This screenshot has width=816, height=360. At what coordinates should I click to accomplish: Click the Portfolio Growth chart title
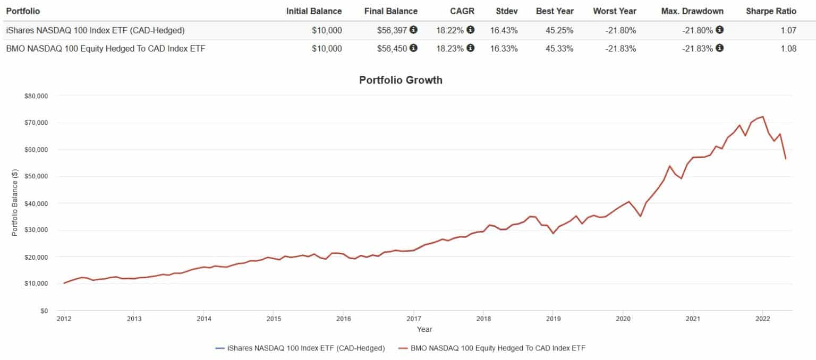pos(401,81)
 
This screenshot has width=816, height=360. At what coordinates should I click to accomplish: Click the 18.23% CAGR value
pos(449,49)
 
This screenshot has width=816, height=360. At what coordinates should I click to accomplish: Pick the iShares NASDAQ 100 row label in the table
pos(95,30)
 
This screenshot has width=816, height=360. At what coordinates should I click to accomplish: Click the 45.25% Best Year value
pos(558,30)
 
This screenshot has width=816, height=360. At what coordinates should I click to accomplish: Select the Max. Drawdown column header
pos(692,11)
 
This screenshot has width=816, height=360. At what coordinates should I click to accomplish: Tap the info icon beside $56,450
pos(413,48)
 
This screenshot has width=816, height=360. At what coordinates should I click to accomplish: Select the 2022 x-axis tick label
pos(762,320)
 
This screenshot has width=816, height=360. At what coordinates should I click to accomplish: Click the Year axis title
pos(424,330)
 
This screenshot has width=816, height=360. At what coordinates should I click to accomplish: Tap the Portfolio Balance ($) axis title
pos(15,203)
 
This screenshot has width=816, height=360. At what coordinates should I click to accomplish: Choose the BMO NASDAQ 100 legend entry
pos(493,348)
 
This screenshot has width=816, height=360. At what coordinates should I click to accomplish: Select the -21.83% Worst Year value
pos(622,49)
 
